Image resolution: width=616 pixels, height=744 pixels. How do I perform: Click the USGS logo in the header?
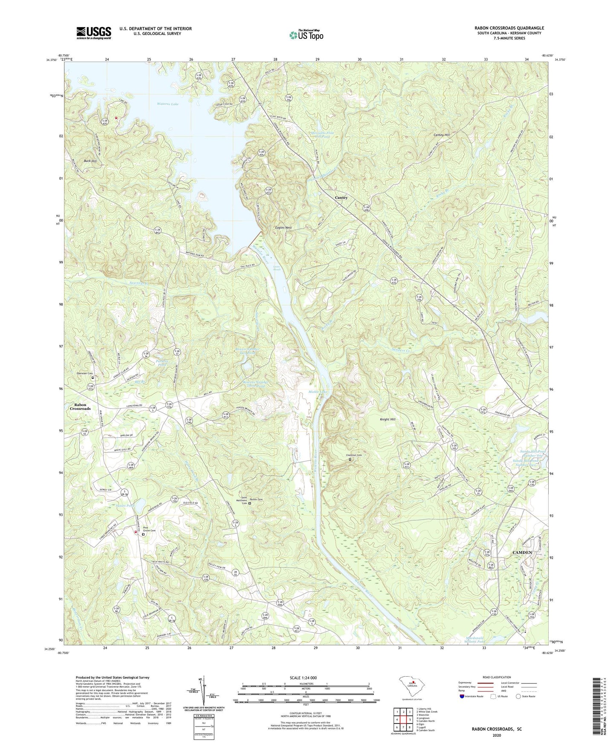coord(94,33)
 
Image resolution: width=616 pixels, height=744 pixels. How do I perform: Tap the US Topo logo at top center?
coord(306,35)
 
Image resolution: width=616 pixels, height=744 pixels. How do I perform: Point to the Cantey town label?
coord(341,198)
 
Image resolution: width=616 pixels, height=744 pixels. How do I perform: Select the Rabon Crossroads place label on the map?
coord(80,407)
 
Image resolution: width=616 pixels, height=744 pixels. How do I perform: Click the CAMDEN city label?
coord(522,552)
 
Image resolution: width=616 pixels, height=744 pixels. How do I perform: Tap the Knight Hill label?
coord(388,419)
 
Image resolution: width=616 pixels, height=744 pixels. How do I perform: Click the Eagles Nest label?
coord(283,228)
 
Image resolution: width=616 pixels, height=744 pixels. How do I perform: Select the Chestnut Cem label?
coord(354,455)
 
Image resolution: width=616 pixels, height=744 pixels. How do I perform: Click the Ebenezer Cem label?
coord(84,373)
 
